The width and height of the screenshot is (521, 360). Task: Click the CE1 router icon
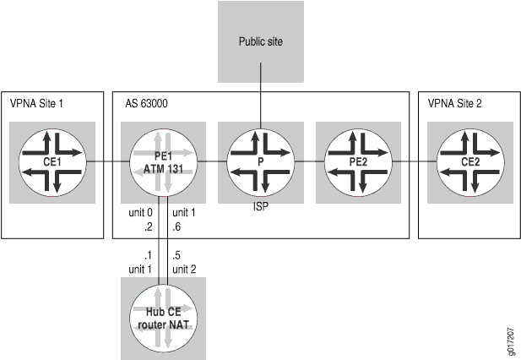coord(52,162)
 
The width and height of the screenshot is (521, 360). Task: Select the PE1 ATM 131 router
coord(163,162)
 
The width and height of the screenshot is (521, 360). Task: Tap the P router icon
coord(261,162)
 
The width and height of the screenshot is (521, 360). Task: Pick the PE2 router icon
coord(358,162)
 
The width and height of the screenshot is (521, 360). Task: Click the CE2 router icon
coord(470,162)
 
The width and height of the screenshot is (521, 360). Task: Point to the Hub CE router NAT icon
coord(163,318)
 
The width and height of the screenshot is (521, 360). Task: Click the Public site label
coord(261,41)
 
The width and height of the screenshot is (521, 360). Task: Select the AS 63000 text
coord(147,103)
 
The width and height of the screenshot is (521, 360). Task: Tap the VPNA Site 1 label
coord(36,103)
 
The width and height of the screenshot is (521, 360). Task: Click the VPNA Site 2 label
coord(454,103)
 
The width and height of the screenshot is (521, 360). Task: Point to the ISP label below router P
coord(261,206)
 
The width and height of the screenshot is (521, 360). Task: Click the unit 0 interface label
coord(140,212)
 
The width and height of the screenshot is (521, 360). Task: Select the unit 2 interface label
coord(184,269)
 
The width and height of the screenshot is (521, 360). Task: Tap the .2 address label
coord(148,226)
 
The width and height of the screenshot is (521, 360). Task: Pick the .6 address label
coord(176,226)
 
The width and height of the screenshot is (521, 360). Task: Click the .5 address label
coord(176,255)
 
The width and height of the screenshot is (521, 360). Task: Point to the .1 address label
coord(148,255)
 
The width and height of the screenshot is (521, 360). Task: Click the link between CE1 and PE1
coord(108,162)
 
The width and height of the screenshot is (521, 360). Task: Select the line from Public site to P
coord(261,95)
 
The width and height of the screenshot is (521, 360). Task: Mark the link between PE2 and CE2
coord(415,162)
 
